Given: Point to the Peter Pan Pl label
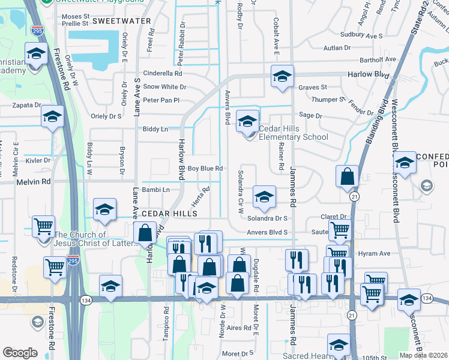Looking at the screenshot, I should [x=161, y=100].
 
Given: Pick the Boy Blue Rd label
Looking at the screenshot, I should [x=205, y=169].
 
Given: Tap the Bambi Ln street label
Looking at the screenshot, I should [x=156, y=190].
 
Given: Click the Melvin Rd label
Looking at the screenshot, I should [x=34, y=181].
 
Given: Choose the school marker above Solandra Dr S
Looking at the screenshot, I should [x=264, y=196].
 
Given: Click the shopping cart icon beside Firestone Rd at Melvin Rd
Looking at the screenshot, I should [x=43, y=227].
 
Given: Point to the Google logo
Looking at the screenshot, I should [x=20, y=353].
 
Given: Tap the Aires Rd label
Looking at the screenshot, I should [x=238, y=328].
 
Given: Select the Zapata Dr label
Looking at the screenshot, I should [x=25, y=104].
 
